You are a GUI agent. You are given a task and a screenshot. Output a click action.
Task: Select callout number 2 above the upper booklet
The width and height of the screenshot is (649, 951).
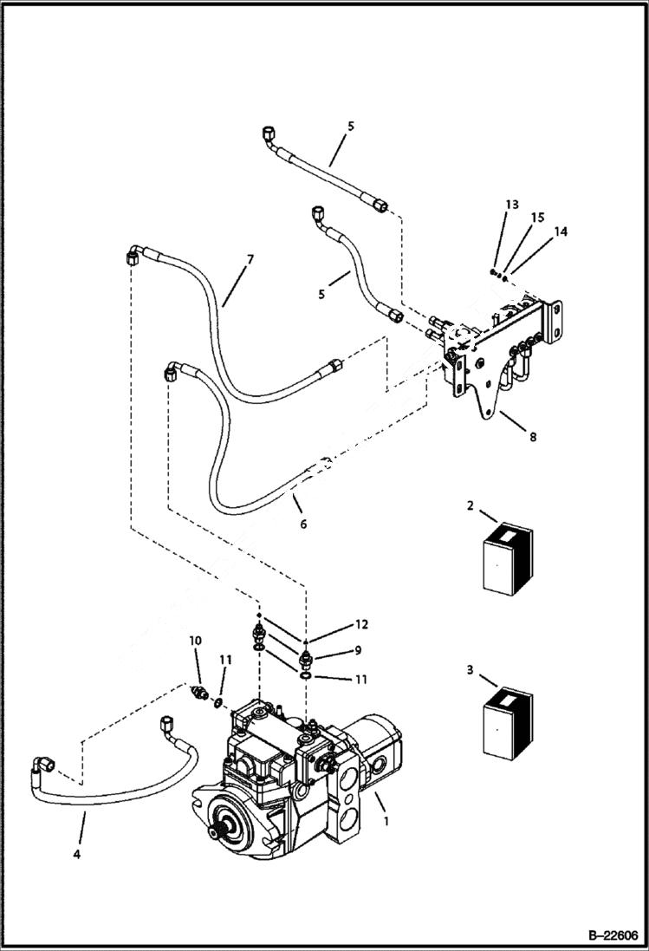[470, 506]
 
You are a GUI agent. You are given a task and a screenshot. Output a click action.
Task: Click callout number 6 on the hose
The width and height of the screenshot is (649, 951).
[302, 524]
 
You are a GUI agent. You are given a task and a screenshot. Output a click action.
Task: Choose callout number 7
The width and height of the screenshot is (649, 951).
[250, 259]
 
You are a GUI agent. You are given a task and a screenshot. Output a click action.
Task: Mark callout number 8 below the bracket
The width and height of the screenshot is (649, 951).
[532, 437]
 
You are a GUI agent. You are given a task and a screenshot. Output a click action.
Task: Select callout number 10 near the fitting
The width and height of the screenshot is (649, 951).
[195, 640]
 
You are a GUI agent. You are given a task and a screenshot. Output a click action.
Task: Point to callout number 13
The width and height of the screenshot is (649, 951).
[512, 205]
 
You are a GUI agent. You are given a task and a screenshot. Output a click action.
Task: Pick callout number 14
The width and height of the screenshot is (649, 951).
[561, 231]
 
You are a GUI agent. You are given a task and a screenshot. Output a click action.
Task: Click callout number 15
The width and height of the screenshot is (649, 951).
[537, 217]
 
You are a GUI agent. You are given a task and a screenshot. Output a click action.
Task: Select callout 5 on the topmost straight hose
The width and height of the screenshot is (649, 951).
[350, 126]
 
